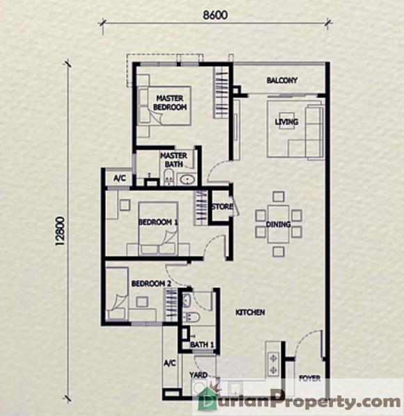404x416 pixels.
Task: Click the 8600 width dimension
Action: pyautogui.click(x=215, y=15)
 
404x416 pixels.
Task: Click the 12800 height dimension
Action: pyautogui.click(x=61, y=231)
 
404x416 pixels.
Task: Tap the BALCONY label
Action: pyautogui.click(x=282, y=80)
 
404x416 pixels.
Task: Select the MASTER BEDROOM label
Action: pyautogui.click(x=170, y=103)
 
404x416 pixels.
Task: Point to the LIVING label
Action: pyautogui.click(x=286, y=122)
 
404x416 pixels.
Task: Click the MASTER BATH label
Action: pyautogui.click(x=173, y=160)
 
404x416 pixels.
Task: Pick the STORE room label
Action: pyautogui.click(x=222, y=207)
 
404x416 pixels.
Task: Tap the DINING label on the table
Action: pyautogui.click(x=278, y=225)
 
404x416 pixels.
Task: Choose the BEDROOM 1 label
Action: pyautogui.click(x=158, y=222)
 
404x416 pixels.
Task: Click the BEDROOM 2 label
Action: pyautogui.click(x=151, y=284)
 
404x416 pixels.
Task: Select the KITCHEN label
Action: pyautogui.click(x=250, y=312)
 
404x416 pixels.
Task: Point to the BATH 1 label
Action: pyautogui.click(x=202, y=344)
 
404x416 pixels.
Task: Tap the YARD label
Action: pyautogui.click(x=199, y=375)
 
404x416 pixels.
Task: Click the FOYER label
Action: pyautogui.click(x=309, y=378)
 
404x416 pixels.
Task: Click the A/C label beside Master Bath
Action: pyautogui.click(x=120, y=178)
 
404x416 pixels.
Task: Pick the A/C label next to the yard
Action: pyautogui.click(x=170, y=362)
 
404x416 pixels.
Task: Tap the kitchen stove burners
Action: pyautogui.click(x=273, y=364)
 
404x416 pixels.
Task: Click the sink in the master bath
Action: pyautogui.click(x=187, y=179)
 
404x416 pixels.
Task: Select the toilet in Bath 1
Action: pyautogui.click(x=192, y=317)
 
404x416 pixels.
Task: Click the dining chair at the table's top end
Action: pyautogui.click(x=279, y=197)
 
